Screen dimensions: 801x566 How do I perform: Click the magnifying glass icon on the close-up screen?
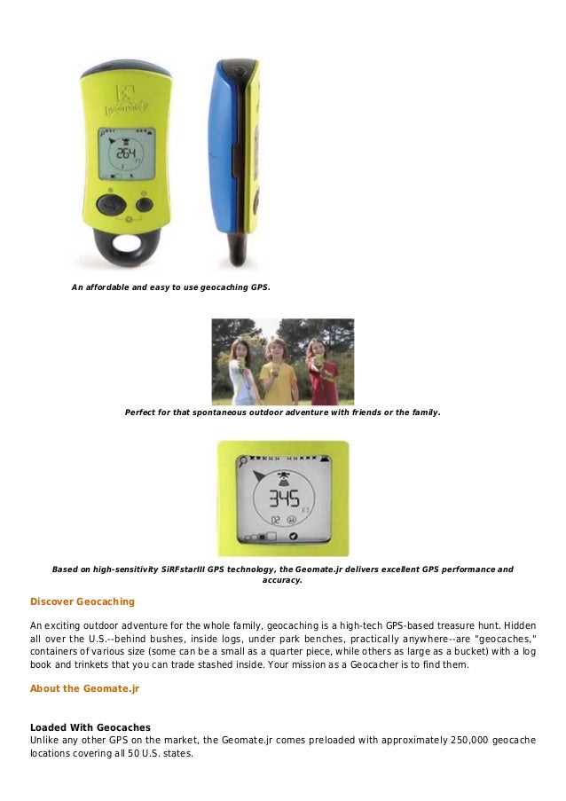241,462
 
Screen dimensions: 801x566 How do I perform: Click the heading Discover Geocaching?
83,601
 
